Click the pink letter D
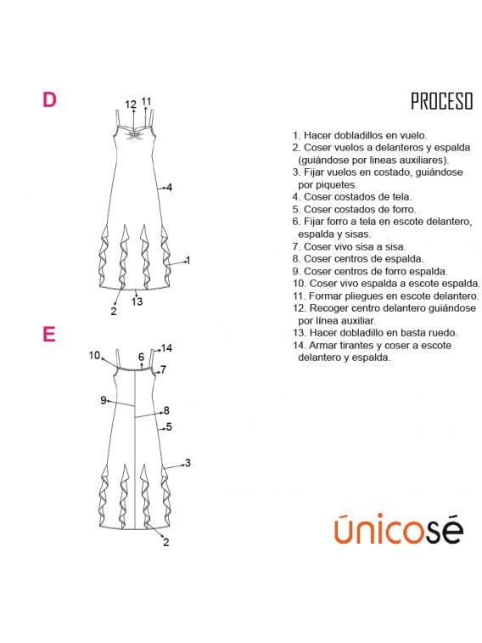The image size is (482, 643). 49,99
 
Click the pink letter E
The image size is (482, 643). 48,334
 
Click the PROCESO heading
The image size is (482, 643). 442,101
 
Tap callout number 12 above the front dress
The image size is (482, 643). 131,104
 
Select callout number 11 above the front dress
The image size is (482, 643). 146,101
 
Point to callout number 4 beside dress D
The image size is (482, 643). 169,188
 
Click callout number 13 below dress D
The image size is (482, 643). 137,302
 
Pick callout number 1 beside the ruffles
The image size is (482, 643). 188,260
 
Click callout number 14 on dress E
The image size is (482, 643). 166,348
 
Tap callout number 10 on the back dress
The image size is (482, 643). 94,355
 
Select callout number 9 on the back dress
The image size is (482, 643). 104,400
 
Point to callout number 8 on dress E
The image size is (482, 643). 166,410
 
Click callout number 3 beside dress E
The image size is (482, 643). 188,463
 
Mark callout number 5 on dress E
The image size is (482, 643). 169,427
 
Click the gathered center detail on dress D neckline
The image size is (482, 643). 133,134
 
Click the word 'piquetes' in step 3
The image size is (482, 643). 339,184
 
